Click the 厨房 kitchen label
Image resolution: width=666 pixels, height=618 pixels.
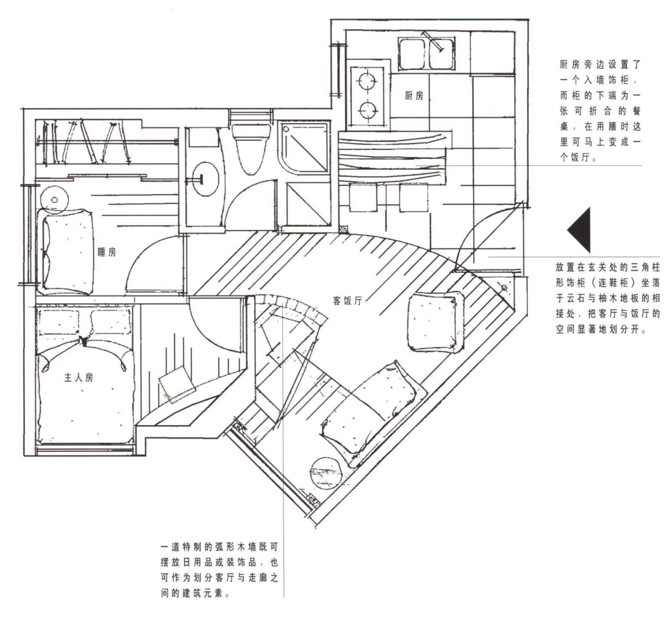click(x=414, y=95)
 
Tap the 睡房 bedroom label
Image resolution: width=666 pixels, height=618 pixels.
click(x=107, y=252)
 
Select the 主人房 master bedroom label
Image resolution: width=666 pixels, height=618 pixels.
click(x=78, y=377)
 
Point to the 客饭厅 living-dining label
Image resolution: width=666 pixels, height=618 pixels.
click(x=347, y=300)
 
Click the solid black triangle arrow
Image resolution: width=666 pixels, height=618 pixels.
click(x=579, y=230)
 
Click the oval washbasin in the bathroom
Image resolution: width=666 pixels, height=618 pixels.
click(x=204, y=178)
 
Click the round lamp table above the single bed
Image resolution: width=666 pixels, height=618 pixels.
click(x=55, y=199)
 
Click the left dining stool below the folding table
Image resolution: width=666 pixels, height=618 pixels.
click(x=363, y=197)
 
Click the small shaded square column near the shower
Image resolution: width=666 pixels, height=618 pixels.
click(x=344, y=229)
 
